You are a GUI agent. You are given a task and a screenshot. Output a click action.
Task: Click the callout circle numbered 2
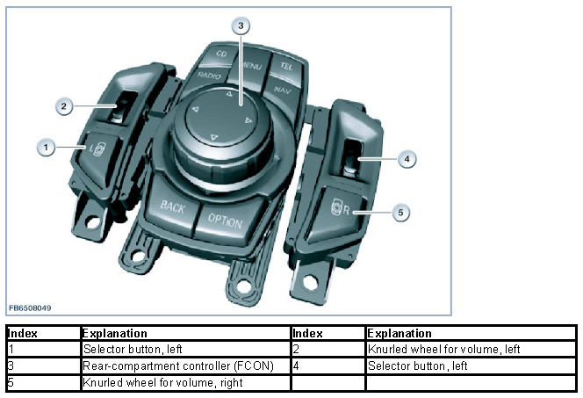pos(63,106)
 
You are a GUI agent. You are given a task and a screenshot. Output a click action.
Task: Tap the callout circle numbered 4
pos(406,159)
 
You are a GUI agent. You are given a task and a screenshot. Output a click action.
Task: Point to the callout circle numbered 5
pos(399,212)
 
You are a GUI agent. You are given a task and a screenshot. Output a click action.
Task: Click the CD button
pos(222,55)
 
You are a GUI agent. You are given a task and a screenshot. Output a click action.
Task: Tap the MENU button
pos(253,65)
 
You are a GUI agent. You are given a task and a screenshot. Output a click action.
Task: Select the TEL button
pos(286,66)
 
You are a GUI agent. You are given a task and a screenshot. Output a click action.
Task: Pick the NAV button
pos(283,90)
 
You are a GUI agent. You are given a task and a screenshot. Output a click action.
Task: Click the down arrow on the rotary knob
pos(213,136)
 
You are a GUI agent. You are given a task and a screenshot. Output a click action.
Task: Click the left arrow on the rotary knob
pos(195,110)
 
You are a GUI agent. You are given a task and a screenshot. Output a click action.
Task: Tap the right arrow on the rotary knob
pos(248,119)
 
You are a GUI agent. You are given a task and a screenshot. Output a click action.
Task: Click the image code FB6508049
pos(30,308)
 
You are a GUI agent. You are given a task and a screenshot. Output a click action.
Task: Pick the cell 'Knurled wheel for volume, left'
pos(443,350)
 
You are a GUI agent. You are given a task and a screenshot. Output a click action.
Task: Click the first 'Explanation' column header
pos(113,334)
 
